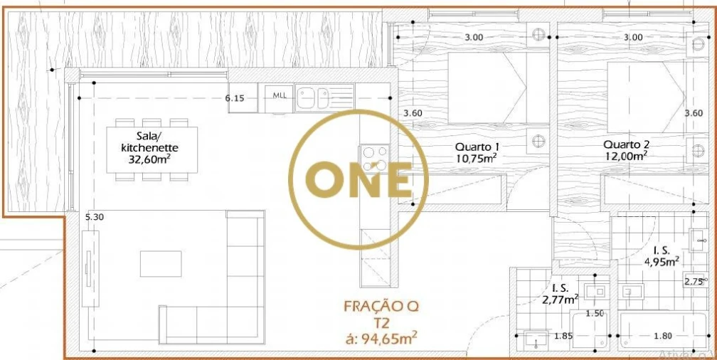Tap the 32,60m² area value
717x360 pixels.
pos(149,159)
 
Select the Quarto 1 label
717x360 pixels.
pos(476,147)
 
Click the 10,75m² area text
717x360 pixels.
pos(476,159)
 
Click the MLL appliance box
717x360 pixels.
pos(280,97)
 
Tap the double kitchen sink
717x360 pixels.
pos(313,97)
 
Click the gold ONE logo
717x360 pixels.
pos(358,180)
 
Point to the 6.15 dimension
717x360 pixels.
pos(235,98)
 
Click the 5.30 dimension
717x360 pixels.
pos(95,218)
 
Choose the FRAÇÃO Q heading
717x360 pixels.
pos(381,307)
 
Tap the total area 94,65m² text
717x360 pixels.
pos(381,338)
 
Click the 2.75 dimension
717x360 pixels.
pos(694,281)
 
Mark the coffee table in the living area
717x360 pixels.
pos(161,263)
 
